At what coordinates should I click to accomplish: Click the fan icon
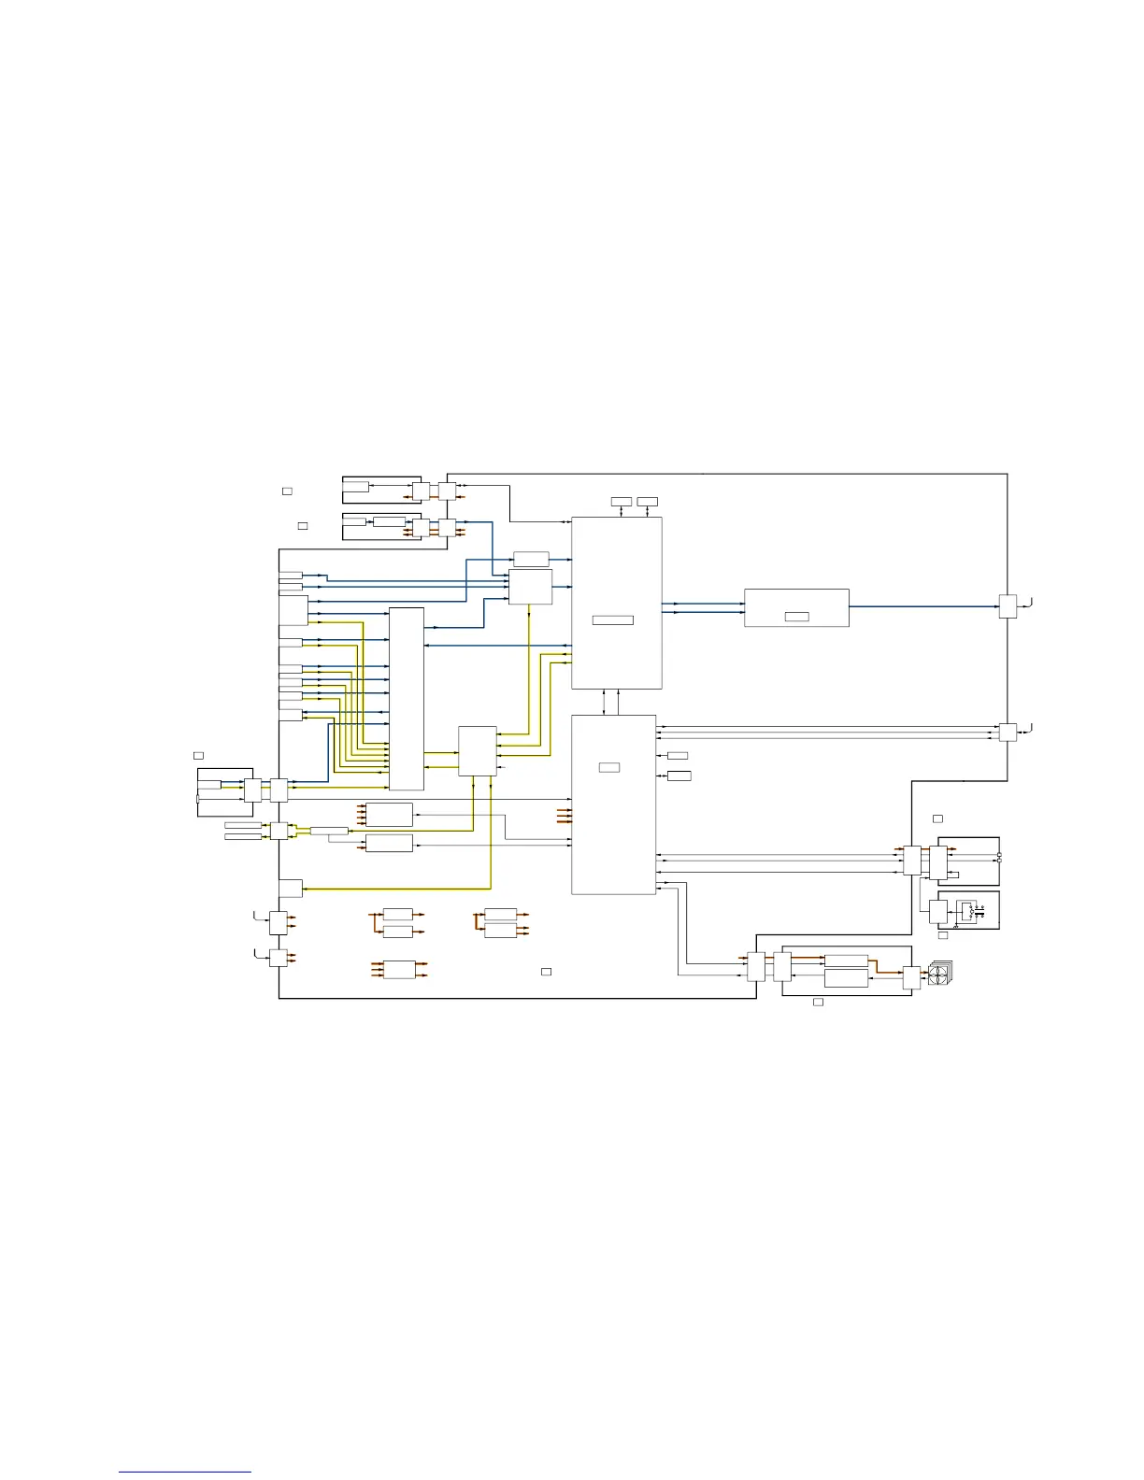[938, 976]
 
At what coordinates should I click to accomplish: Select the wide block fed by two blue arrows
[796, 607]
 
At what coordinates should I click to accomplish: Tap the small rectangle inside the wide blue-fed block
[796, 617]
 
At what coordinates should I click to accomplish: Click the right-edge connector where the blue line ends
[1008, 606]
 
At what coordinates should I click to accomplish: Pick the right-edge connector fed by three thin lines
[1008, 732]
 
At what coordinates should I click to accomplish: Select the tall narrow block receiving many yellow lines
[407, 699]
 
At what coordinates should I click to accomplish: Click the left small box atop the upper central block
[621, 502]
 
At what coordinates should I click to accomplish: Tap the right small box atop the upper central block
[647, 502]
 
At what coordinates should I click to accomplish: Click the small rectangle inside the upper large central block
[613, 620]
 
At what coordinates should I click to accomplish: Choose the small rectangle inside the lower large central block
[609, 767]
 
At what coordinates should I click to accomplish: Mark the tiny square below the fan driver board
[818, 1002]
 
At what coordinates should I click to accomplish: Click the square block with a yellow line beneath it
[531, 587]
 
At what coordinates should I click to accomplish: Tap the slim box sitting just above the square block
[531, 559]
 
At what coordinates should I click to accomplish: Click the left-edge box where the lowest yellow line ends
[291, 889]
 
